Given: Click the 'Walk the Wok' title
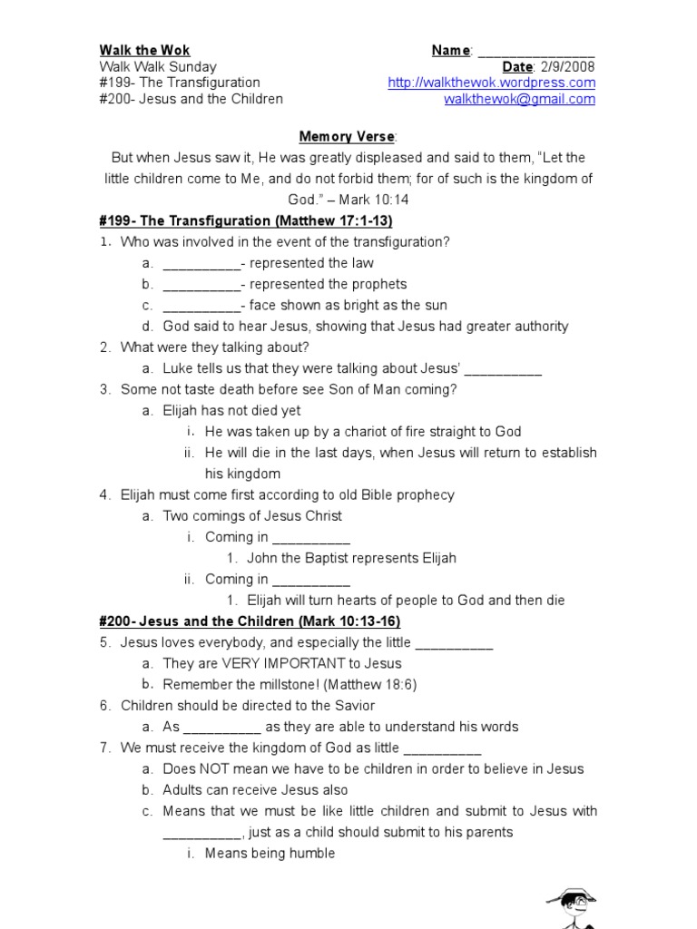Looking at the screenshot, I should pyautogui.click(x=144, y=50).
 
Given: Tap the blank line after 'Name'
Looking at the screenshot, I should pyautogui.click(x=535, y=52).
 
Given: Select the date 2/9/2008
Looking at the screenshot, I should pyautogui.click(x=568, y=67).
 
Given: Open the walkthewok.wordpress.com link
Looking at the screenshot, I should pyautogui.click(x=491, y=83).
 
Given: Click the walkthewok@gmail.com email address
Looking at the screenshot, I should pyautogui.click(x=519, y=100).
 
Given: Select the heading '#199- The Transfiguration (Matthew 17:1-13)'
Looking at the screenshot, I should pyautogui.click(x=245, y=221).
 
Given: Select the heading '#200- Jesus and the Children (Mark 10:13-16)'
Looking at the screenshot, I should pyautogui.click(x=250, y=621).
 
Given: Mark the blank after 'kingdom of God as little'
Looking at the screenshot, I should pyautogui.click(x=441, y=748).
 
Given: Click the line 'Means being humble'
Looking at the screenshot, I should pyautogui.click(x=270, y=853).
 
